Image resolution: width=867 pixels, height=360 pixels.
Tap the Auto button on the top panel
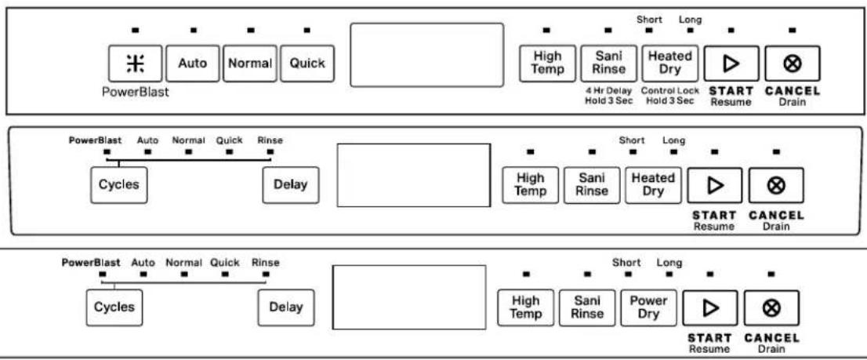[x=192, y=63]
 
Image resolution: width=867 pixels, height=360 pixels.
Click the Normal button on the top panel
[x=250, y=63]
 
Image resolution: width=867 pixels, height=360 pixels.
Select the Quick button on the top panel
[x=307, y=63]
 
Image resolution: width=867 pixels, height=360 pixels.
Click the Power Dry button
[x=648, y=307]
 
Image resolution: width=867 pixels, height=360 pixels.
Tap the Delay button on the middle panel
[x=291, y=184]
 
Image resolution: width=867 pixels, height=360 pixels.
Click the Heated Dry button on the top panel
[x=669, y=63]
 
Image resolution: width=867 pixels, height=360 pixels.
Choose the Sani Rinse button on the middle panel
[x=592, y=184]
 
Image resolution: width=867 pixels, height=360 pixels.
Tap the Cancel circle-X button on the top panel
[x=793, y=64]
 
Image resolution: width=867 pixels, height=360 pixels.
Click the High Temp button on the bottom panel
[x=526, y=307]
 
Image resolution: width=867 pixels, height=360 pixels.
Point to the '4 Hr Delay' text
[x=608, y=91]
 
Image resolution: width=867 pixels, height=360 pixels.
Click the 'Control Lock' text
[x=670, y=91]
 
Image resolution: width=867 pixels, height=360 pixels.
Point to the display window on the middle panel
[x=414, y=176]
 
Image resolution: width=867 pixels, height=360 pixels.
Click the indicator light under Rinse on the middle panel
[x=270, y=151]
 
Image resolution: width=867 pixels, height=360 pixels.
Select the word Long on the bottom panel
[x=669, y=264]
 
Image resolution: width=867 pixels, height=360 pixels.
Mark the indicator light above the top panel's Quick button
[x=307, y=30]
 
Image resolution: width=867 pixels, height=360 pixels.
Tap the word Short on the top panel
[x=649, y=20]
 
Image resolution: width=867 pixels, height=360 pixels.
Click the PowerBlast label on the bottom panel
[x=91, y=263]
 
